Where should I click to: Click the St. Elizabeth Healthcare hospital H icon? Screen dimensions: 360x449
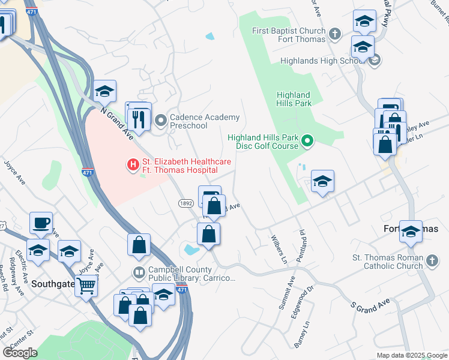click(133, 163)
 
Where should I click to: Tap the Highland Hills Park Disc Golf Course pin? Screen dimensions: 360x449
click(307, 142)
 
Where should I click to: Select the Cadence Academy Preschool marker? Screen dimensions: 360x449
click(160, 121)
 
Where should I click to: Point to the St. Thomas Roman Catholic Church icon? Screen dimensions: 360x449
click(433, 261)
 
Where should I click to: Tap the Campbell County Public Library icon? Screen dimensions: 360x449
click(139, 273)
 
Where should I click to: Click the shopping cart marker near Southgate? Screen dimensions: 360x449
click(86, 286)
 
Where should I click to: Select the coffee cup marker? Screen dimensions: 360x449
click(41, 223)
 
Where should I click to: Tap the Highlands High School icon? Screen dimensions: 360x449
click(375, 60)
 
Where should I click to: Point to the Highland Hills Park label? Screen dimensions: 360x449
click(294, 99)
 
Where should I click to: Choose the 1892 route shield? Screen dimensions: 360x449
click(185, 203)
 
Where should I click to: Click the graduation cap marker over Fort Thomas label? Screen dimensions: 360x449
click(411, 232)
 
